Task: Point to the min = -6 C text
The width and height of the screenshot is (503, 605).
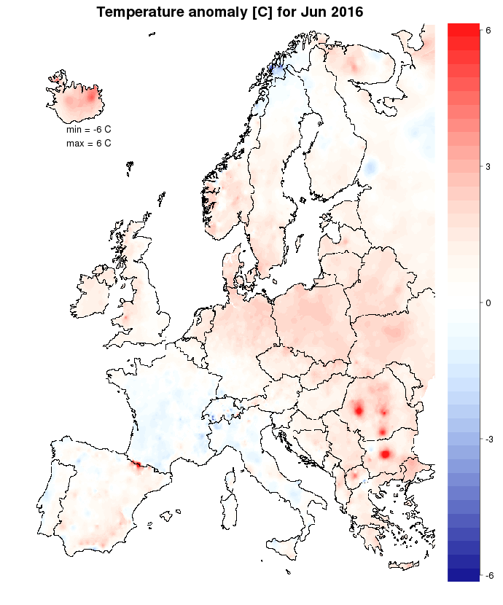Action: pos(88,129)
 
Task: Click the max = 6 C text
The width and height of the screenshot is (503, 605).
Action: pos(88,144)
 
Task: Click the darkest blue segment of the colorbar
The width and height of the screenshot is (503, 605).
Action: pos(463,574)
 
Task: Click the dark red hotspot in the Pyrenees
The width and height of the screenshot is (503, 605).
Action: pos(136,464)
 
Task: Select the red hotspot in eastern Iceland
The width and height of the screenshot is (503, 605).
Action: pos(91,95)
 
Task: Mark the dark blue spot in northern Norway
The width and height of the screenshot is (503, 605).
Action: pos(276,68)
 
